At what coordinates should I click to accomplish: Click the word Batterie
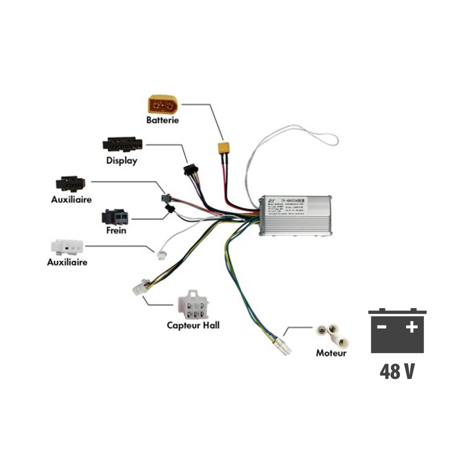163,120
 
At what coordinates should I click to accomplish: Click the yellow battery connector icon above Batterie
163,104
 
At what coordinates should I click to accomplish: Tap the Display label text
122,161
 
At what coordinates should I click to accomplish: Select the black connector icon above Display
122,144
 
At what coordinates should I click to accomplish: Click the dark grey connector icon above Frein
115,217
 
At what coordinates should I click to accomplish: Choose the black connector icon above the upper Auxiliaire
70,183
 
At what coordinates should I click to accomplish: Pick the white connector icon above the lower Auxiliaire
67,247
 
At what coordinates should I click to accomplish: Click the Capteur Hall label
193,326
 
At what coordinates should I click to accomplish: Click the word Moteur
331,353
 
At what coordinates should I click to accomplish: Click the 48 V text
397,372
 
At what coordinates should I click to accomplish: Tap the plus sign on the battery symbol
411,327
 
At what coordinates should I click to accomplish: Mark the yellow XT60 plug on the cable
224,148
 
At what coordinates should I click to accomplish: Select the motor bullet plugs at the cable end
284,346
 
